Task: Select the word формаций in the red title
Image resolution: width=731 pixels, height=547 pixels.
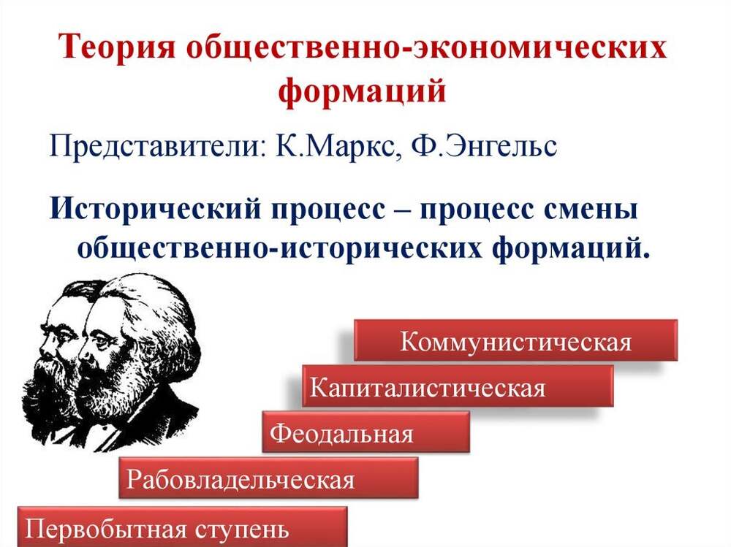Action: [x=363, y=91]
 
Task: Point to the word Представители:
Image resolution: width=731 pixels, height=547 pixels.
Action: [x=157, y=148]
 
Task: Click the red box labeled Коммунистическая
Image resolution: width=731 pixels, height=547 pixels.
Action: [x=515, y=340]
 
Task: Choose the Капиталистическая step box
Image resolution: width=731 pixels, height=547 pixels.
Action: [x=458, y=386]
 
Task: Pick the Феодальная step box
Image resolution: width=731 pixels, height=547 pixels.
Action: [x=366, y=432]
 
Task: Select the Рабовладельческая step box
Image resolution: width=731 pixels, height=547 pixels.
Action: [x=268, y=478]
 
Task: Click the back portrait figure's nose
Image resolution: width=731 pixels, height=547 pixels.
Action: [x=45, y=345]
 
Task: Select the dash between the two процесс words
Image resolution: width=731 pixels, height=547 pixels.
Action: [x=403, y=212]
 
